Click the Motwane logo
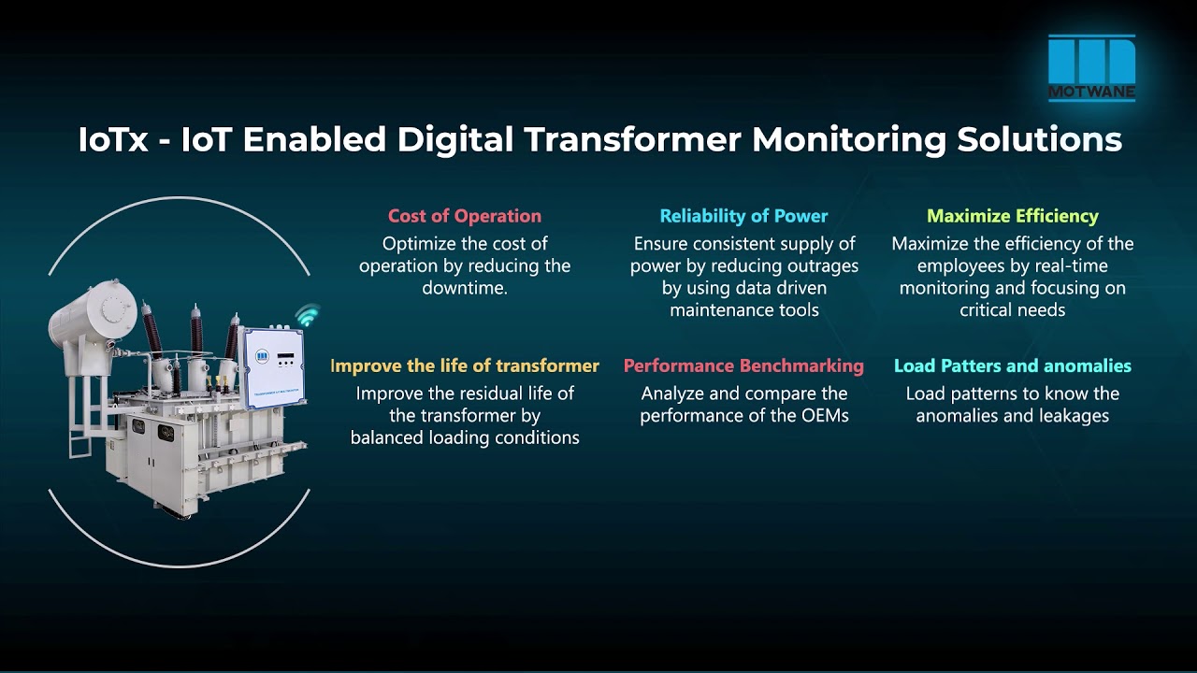point(1091,66)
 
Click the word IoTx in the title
point(112,139)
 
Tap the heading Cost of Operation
point(465,216)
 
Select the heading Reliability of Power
point(743,216)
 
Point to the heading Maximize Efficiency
point(1012,216)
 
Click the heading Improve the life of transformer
point(465,365)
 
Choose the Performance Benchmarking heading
point(743,365)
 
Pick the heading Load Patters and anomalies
point(1012,365)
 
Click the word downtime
point(464,288)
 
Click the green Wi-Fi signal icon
point(307,316)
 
